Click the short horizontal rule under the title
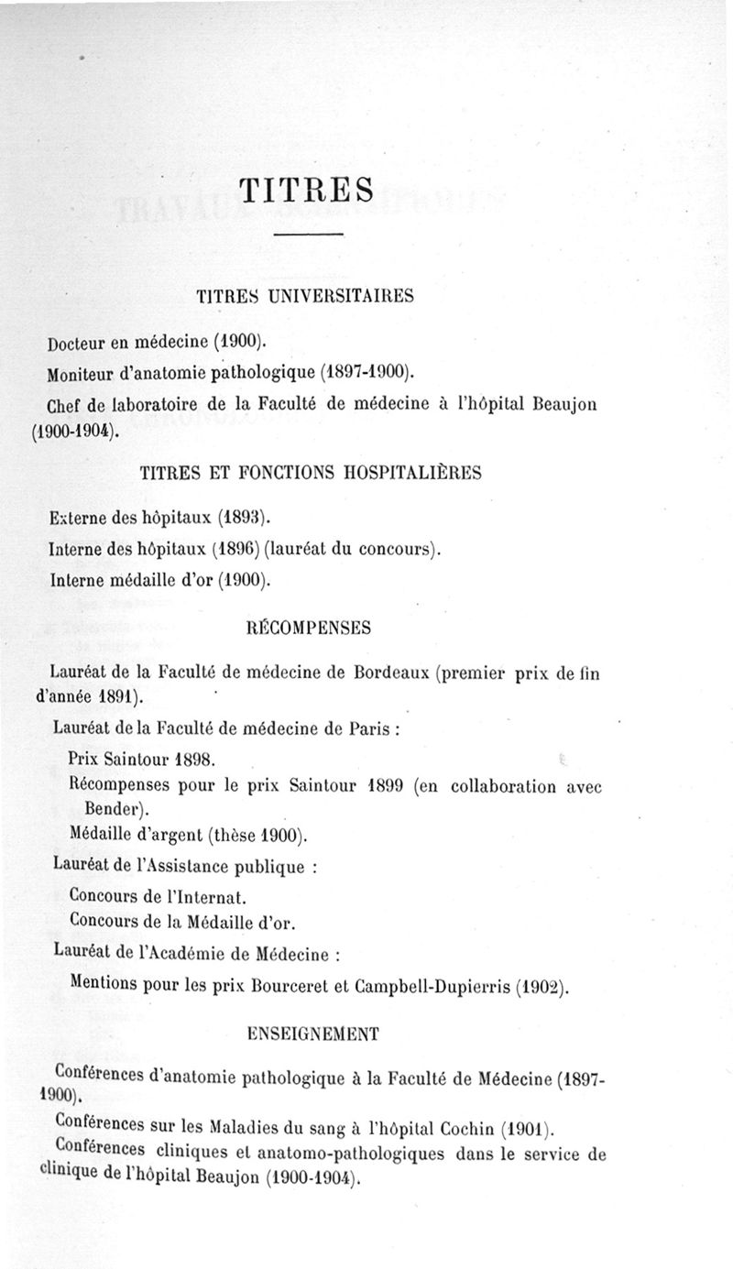pos(308,236)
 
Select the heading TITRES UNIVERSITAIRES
pos(305,296)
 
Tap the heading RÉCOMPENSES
pos(309,629)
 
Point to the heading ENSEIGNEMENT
pos(313,1034)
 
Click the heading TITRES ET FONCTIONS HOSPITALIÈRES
pos(311,474)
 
